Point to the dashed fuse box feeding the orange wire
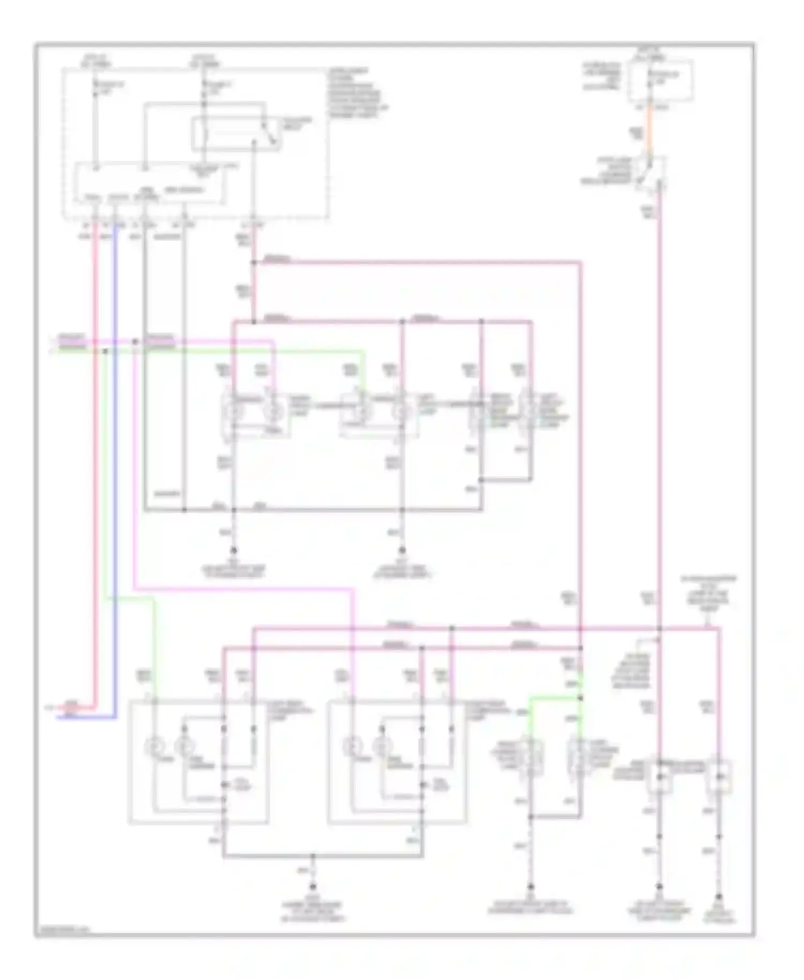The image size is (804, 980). (x=660, y=80)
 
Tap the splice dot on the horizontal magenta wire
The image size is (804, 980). (x=135, y=341)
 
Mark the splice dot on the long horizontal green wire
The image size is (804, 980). (x=106, y=352)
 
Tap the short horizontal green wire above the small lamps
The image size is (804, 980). (x=555, y=698)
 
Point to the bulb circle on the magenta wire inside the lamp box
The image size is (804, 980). (x=353, y=746)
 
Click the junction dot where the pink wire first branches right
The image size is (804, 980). (x=254, y=263)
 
